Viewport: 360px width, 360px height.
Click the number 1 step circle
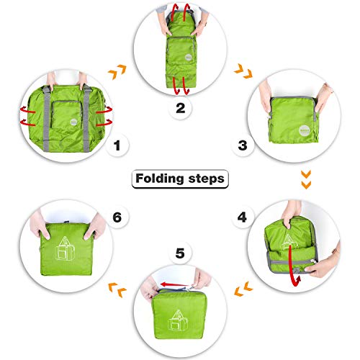click(117, 147)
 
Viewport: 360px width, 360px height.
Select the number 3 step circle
click(243, 145)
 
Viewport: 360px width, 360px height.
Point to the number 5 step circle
click(179, 253)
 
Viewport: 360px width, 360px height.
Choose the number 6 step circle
click(117, 216)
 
